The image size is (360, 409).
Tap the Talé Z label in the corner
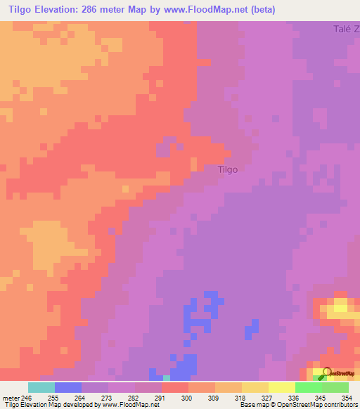[346, 29]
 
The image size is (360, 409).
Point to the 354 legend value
[345, 398]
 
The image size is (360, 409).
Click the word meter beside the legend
[10, 398]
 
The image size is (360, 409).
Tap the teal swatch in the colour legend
[41, 387]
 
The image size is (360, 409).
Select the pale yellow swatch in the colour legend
[281, 387]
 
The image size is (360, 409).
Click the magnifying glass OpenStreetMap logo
[326, 372]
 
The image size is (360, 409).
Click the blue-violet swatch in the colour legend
[68, 387]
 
